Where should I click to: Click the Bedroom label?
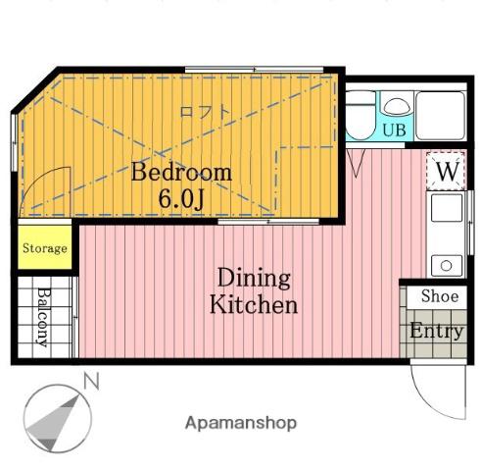(181, 172)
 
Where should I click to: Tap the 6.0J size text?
(181, 198)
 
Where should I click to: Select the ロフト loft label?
(206, 112)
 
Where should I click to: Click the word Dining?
(254, 278)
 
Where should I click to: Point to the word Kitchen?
(254, 304)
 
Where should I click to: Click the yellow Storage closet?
(45, 247)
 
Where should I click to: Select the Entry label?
(437, 331)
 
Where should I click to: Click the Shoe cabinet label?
(440, 296)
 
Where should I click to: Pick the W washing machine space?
(446, 171)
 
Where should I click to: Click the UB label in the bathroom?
(394, 130)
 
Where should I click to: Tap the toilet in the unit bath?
(361, 116)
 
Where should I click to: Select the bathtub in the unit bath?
(440, 116)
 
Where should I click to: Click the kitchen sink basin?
(447, 208)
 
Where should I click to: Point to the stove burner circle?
(446, 266)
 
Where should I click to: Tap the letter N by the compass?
(91, 381)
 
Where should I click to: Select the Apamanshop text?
(241, 423)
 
